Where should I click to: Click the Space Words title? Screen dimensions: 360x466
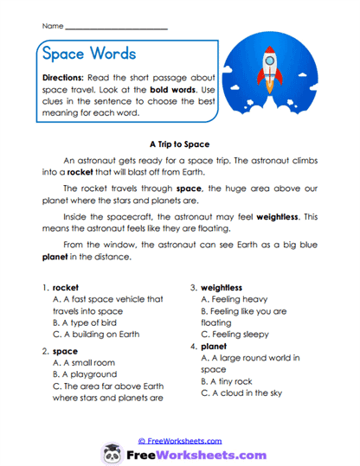[x=88, y=54]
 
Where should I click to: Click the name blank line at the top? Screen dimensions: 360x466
[x=116, y=29]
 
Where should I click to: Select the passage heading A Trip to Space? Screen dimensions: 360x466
[x=180, y=144]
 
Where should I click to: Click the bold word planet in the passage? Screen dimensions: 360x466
[x=55, y=257]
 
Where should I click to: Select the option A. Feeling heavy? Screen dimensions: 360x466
[x=237, y=299]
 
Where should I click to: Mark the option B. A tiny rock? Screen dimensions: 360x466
[x=230, y=380]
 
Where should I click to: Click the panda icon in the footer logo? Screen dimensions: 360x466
[x=111, y=453]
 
